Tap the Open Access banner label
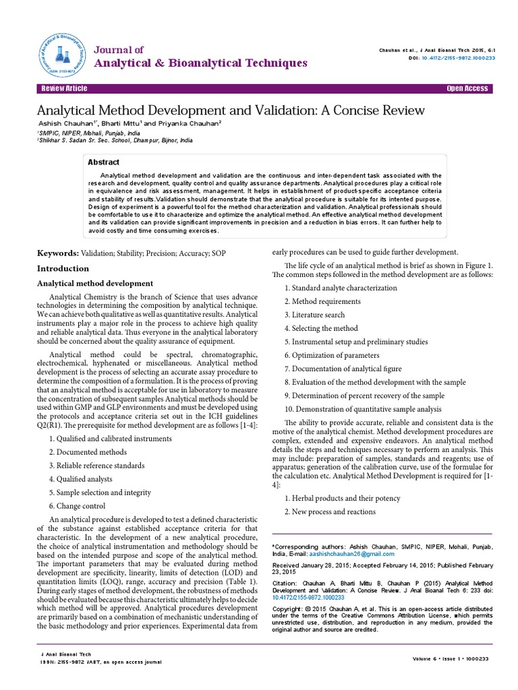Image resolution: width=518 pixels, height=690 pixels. click(467, 89)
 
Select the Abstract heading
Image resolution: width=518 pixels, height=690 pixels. click(104, 162)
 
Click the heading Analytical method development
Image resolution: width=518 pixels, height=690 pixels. click(94, 283)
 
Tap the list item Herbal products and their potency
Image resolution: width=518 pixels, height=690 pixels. click(342, 498)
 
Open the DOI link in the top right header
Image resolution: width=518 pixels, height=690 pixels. click(458, 58)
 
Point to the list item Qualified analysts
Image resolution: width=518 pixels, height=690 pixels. click(82, 479)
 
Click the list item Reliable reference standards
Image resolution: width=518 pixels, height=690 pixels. click(96, 466)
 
